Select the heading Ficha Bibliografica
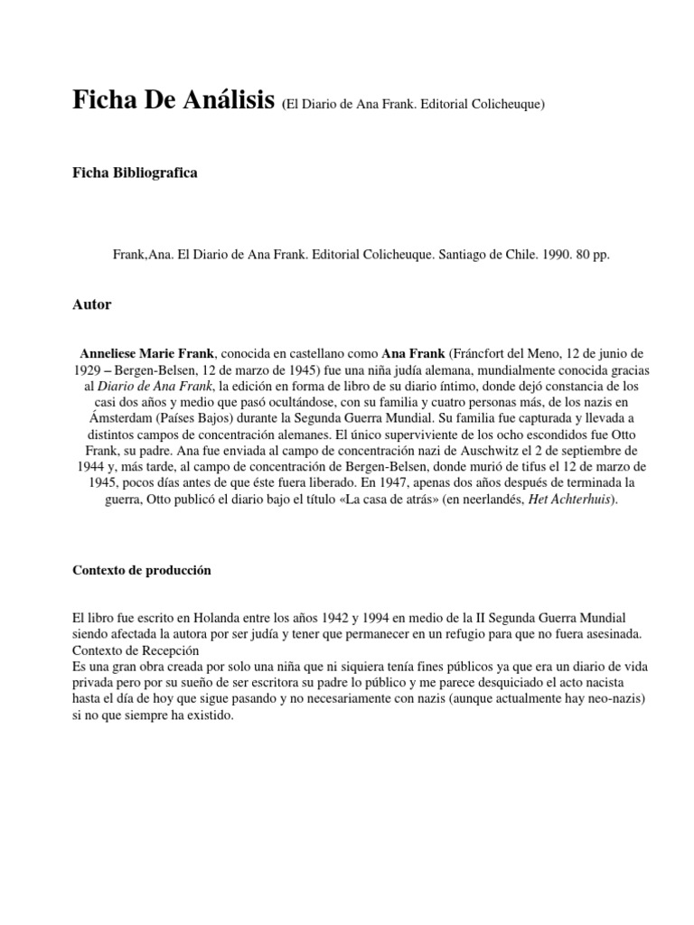click(135, 173)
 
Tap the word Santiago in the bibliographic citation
click(465, 256)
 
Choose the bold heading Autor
click(91, 305)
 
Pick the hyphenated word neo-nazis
click(591, 699)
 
